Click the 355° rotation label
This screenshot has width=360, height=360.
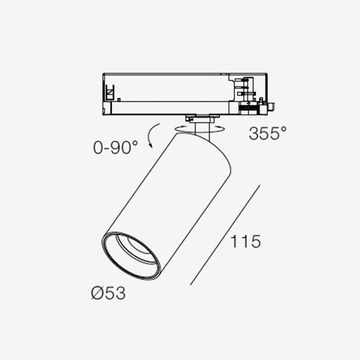(268, 133)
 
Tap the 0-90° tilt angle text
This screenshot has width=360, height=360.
(115, 148)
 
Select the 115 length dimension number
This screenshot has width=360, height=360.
(245, 241)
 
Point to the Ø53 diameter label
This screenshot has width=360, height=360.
(108, 293)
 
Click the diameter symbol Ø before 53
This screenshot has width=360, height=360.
(97, 293)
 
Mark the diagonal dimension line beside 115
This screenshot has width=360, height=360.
(225, 235)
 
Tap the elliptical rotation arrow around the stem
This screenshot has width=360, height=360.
(200, 129)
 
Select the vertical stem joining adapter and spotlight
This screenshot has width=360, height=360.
(202, 131)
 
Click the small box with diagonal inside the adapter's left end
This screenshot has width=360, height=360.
(110, 93)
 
